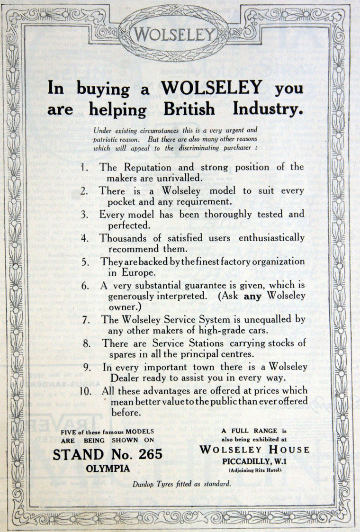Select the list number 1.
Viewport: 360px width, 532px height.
[x=84, y=168]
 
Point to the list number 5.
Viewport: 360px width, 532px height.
[x=84, y=261]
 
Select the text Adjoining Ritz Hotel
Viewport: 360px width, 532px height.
[x=255, y=470]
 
